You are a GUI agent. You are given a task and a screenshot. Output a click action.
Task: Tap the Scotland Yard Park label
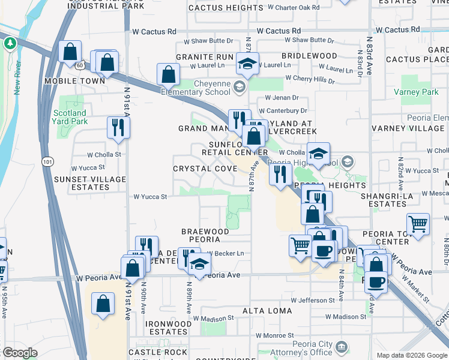click(70, 117)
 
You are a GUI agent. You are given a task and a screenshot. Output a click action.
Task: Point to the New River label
click(17, 79)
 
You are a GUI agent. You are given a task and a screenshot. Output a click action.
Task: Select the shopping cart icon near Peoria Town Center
click(418, 224)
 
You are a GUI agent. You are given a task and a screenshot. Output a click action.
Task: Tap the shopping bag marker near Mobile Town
click(71, 52)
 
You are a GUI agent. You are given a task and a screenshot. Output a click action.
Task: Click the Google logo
click(20, 353)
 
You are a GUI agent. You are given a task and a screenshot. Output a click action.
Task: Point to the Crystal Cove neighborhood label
click(205, 169)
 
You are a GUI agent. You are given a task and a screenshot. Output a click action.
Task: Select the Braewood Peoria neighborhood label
click(205, 235)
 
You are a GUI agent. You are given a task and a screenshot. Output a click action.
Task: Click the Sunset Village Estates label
click(82, 183)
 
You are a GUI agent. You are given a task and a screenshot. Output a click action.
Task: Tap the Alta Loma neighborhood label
click(267, 311)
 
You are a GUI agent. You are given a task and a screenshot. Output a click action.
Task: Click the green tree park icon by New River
click(10, 43)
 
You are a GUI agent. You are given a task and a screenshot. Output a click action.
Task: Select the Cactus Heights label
click(225, 8)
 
